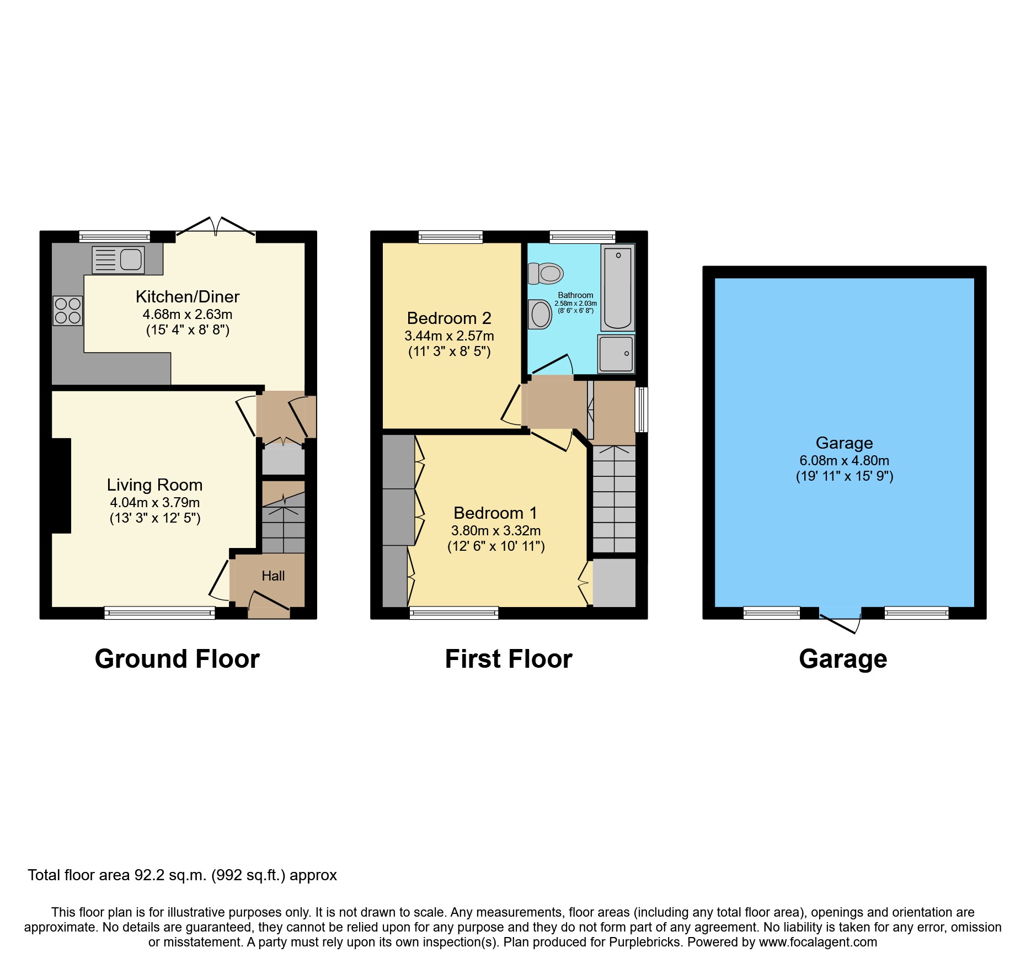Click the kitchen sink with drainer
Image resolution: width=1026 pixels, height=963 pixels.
coord(118,259)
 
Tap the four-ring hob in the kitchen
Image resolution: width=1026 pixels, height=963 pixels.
coord(68,311)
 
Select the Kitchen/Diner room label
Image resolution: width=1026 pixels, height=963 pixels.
coord(188,297)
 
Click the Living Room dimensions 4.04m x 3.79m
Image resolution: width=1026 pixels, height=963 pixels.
coord(155,503)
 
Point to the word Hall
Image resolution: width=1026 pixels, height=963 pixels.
coord(273,576)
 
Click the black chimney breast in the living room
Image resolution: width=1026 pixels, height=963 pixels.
coord(61,486)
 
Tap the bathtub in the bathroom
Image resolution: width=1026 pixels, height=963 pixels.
coord(617,288)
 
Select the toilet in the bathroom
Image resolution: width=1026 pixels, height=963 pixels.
coord(546,273)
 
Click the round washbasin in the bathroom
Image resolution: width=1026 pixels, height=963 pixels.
coord(541,315)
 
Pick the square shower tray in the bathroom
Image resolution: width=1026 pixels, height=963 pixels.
coord(616,354)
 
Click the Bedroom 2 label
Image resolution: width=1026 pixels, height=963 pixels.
coord(449,318)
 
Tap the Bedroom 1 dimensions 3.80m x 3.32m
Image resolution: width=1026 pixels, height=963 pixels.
coord(496,531)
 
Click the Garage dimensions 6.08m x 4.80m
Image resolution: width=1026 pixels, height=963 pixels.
coord(844,461)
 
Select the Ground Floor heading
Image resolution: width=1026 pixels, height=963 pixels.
coord(177,659)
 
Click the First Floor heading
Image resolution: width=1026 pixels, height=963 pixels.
coord(509,659)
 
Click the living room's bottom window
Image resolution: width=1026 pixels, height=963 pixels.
coord(159,613)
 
